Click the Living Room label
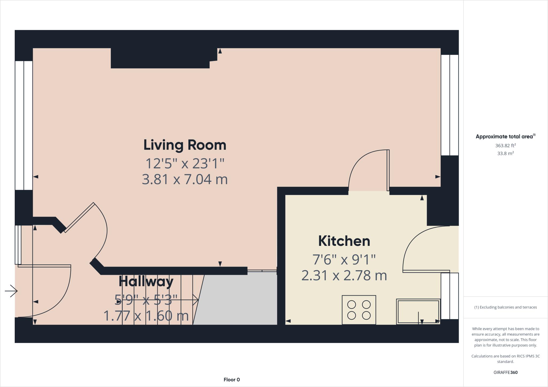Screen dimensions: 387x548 coord(185,145)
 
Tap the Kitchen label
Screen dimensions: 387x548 coord(344,241)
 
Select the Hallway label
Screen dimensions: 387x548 coord(146,281)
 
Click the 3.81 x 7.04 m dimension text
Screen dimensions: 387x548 coord(185,179)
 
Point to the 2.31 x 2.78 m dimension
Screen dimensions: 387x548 coord(344,276)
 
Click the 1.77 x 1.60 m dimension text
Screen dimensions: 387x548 coord(146,316)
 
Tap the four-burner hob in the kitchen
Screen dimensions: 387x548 coord(359,310)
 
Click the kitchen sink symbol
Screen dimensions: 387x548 coord(418,312)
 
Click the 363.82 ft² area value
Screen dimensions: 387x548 coord(505,146)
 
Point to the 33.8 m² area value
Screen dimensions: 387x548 coord(505,153)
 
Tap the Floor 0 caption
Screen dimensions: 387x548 coord(232,380)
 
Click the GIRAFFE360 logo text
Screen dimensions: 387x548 coord(505,372)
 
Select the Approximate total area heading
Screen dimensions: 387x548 coord(505,136)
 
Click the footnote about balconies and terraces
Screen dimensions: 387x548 coord(505,307)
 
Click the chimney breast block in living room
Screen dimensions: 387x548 coord(161,58)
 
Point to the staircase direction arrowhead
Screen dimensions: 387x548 coord(196,299)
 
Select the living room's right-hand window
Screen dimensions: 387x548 coord(450,105)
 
